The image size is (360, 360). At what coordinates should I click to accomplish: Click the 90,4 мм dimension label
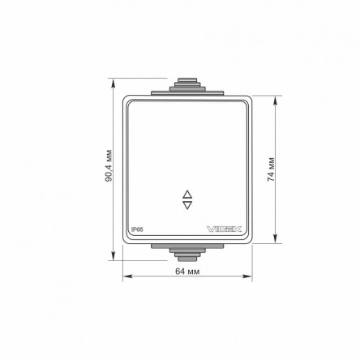tap(109, 165)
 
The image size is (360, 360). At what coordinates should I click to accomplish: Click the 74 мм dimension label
tap(271, 169)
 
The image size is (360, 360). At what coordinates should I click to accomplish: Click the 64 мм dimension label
tap(187, 271)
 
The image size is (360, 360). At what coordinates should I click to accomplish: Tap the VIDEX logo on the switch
tap(225, 229)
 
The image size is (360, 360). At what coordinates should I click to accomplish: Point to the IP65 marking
tap(137, 229)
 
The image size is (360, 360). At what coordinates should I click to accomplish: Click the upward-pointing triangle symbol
tap(187, 195)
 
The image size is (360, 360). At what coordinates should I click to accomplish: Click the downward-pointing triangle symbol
tap(187, 205)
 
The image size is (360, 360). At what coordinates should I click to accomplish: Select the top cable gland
tap(187, 84)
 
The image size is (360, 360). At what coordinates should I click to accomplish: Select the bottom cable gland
tap(187, 255)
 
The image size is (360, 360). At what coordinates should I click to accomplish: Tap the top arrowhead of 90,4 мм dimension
tap(114, 82)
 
